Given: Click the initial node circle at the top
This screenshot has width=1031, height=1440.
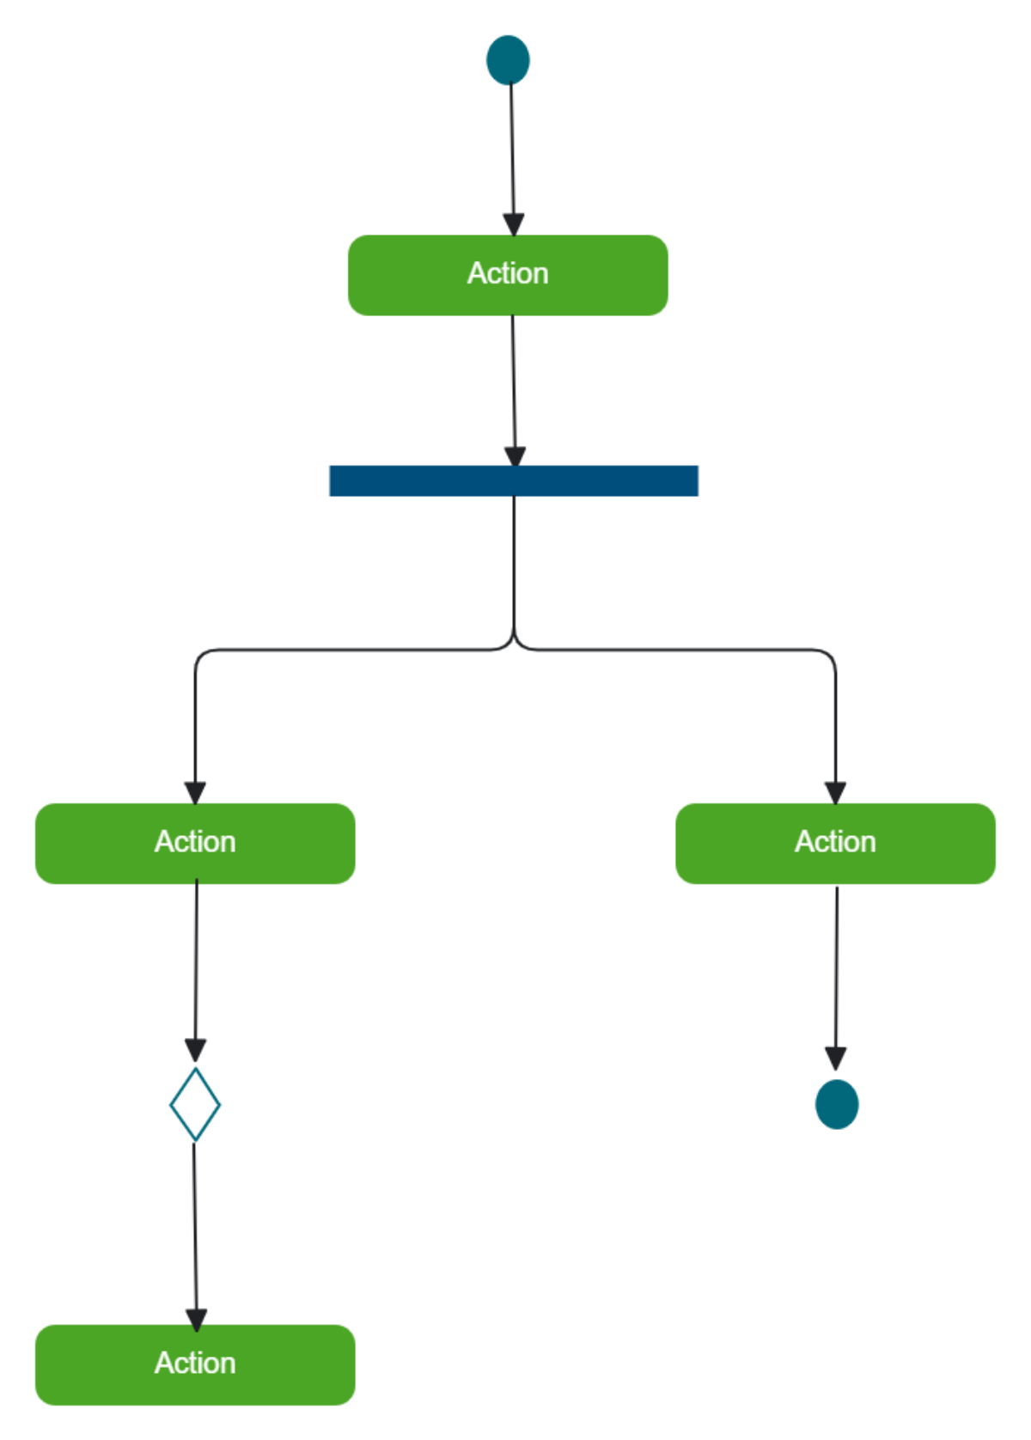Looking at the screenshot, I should (x=508, y=60).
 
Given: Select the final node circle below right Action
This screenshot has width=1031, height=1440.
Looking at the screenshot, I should (x=836, y=1104).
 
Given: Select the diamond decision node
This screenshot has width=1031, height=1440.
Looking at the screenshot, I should (x=195, y=1104).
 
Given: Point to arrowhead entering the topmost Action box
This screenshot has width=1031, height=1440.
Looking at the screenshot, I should (x=514, y=225).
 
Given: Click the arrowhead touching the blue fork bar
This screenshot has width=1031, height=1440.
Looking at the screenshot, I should (x=515, y=456).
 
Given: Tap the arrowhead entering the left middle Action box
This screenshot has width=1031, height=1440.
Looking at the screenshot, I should (x=195, y=792).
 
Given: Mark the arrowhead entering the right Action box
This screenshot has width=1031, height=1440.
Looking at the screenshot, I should (x=835, y=792).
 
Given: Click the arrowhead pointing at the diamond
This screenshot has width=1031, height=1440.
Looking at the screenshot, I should (x=195, y=1050).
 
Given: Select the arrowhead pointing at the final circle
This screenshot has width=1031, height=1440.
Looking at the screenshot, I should (x=836, y=1058).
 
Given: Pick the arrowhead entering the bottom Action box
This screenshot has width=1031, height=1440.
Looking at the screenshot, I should (x=196, y=1319).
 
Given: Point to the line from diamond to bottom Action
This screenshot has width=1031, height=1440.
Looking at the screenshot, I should (x=194, y=1229).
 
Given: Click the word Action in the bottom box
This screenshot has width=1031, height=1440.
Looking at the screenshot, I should (x=195, y=1364).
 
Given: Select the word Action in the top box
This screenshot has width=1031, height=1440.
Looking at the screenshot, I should (x=508, y=273).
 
